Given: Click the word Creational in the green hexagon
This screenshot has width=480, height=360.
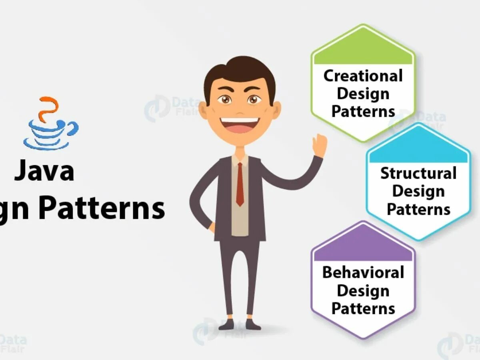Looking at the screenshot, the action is pyautogui.click(x=363, y=76).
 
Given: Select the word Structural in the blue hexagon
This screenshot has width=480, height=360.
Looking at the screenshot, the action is pyautogui.click(x=418, y=174).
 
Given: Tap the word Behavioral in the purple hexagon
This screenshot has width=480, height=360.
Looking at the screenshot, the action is pyautogui.click(x=363, y=272).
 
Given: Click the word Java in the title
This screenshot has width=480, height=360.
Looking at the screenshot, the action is pyautogui.click(x=44, y=170).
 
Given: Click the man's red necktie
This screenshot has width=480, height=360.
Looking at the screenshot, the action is pyautogui.click(x=240, y=184).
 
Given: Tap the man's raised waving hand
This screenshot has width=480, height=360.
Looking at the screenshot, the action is pyautogui.click(x=320, y=146).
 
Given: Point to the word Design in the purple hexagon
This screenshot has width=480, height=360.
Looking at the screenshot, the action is pyautogui.click(x=363, y=291).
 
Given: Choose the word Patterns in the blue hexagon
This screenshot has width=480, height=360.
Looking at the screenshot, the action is pyautogui.click(x=418, y=209).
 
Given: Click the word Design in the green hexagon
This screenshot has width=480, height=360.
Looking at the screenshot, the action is pyautogui.click(x=363, y=94).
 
